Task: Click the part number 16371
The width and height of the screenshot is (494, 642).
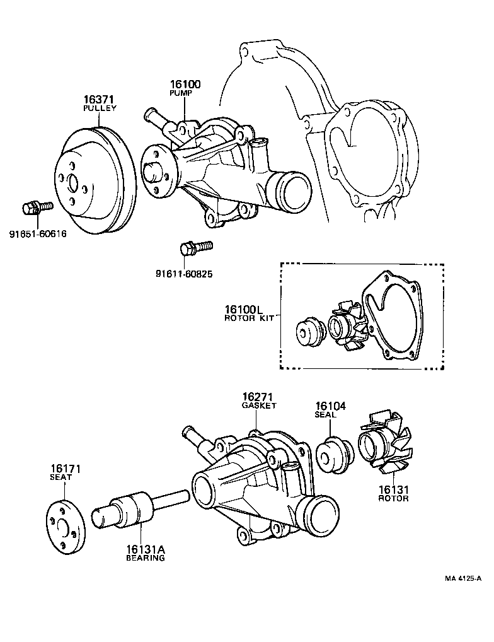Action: click(x=98, y=100)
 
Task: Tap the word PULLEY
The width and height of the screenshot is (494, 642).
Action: click(x=100, y=108)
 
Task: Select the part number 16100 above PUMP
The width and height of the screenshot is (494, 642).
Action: click(x=185, y=85)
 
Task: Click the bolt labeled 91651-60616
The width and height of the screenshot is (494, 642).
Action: click(x=37, y=207)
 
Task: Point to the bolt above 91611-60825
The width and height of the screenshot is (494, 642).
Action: click(x=197, y=248)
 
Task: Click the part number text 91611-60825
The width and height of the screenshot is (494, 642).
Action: click(x=184, y=274)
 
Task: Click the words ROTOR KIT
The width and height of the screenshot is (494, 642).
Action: click(x=250, y=318)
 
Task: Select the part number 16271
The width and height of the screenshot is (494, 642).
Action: click(x=258, y=397)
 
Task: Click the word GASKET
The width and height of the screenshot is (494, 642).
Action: click(x=259, y=406)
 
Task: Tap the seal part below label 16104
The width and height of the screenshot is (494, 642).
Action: click(x=335, y=455)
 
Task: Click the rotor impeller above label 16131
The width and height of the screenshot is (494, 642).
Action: click(x=384, y=448)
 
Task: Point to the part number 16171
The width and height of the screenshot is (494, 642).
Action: click(x=66, y=469)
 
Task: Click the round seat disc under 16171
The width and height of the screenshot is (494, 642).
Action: click(x=64, y=527)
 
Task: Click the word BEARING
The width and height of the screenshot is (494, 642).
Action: click(x=145, y=558)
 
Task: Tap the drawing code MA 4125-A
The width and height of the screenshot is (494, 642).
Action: click(x=463, y=578)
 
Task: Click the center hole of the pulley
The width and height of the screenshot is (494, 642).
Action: click(x=74, y=184)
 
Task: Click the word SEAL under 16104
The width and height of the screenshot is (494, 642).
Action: click(x=325, y=414)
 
